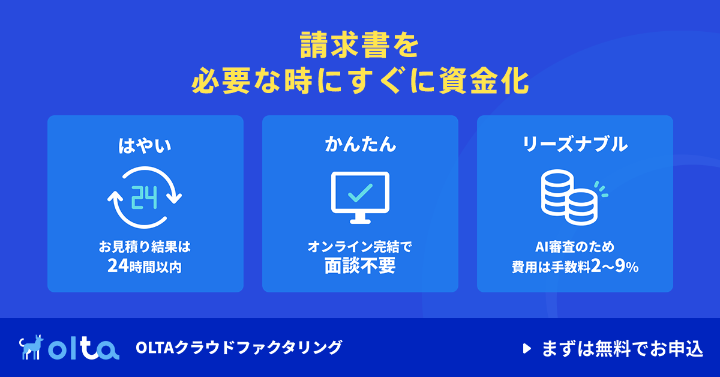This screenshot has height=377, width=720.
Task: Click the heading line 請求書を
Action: [x=359, y=44]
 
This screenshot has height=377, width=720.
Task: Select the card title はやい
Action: [x=145, y=145]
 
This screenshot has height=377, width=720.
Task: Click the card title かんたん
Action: [x=361, y=144]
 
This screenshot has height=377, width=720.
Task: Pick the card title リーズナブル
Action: [x=575, y=144]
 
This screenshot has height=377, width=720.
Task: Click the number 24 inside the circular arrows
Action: [x=145, y=198]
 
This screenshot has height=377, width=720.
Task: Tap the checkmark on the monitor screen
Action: [x=361, y=193]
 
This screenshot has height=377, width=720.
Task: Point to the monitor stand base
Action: [x=360, y=221]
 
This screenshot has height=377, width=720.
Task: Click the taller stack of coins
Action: [x=557, y=192]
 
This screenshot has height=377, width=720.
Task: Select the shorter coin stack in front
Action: [x=581, y=208]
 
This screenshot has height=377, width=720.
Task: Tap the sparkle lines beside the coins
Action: [x=601, y=189]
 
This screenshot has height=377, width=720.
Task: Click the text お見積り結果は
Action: [x=145, y=247]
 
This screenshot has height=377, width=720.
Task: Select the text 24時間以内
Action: [x=145, y=267]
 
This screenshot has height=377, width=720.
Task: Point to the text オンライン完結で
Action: [x=359, y=247]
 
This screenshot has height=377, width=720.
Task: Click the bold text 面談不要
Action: [x=360, y=266]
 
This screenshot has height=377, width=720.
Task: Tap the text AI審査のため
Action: [x=575, y=247]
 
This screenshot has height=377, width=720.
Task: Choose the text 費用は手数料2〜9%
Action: [x=575, y=267]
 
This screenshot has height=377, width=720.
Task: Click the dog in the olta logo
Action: [x=31, y=347]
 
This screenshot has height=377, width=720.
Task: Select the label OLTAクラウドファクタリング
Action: [x=239, y=348]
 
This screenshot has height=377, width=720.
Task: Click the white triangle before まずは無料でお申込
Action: [x=527, y=348]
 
